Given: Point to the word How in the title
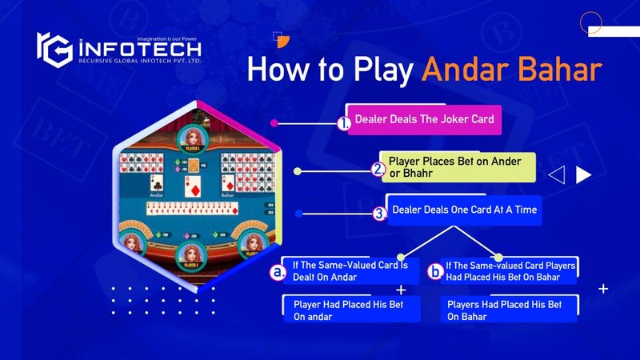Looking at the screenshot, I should tap(276, 70).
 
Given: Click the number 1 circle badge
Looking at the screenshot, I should tap(345, 124).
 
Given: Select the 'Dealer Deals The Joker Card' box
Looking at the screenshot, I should tap(425, 119).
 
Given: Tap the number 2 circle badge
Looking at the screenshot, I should tap(379, 170).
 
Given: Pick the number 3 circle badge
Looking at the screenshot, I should tap(381, 214).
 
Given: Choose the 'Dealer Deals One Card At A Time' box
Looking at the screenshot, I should tap(464, 210).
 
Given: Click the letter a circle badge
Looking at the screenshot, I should tap(278, 273).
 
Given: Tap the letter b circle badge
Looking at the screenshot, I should tap(435, 272).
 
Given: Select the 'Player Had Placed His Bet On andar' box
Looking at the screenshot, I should tap(351, 310).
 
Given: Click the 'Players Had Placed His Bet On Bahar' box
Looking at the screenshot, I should tap(509, 310).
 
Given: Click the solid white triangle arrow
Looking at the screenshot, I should tap(584, 174).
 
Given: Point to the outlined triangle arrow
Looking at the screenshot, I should tap(558, 174).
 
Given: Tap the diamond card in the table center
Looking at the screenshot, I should tap(194, 188).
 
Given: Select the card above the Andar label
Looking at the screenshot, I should tap(158, 182).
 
